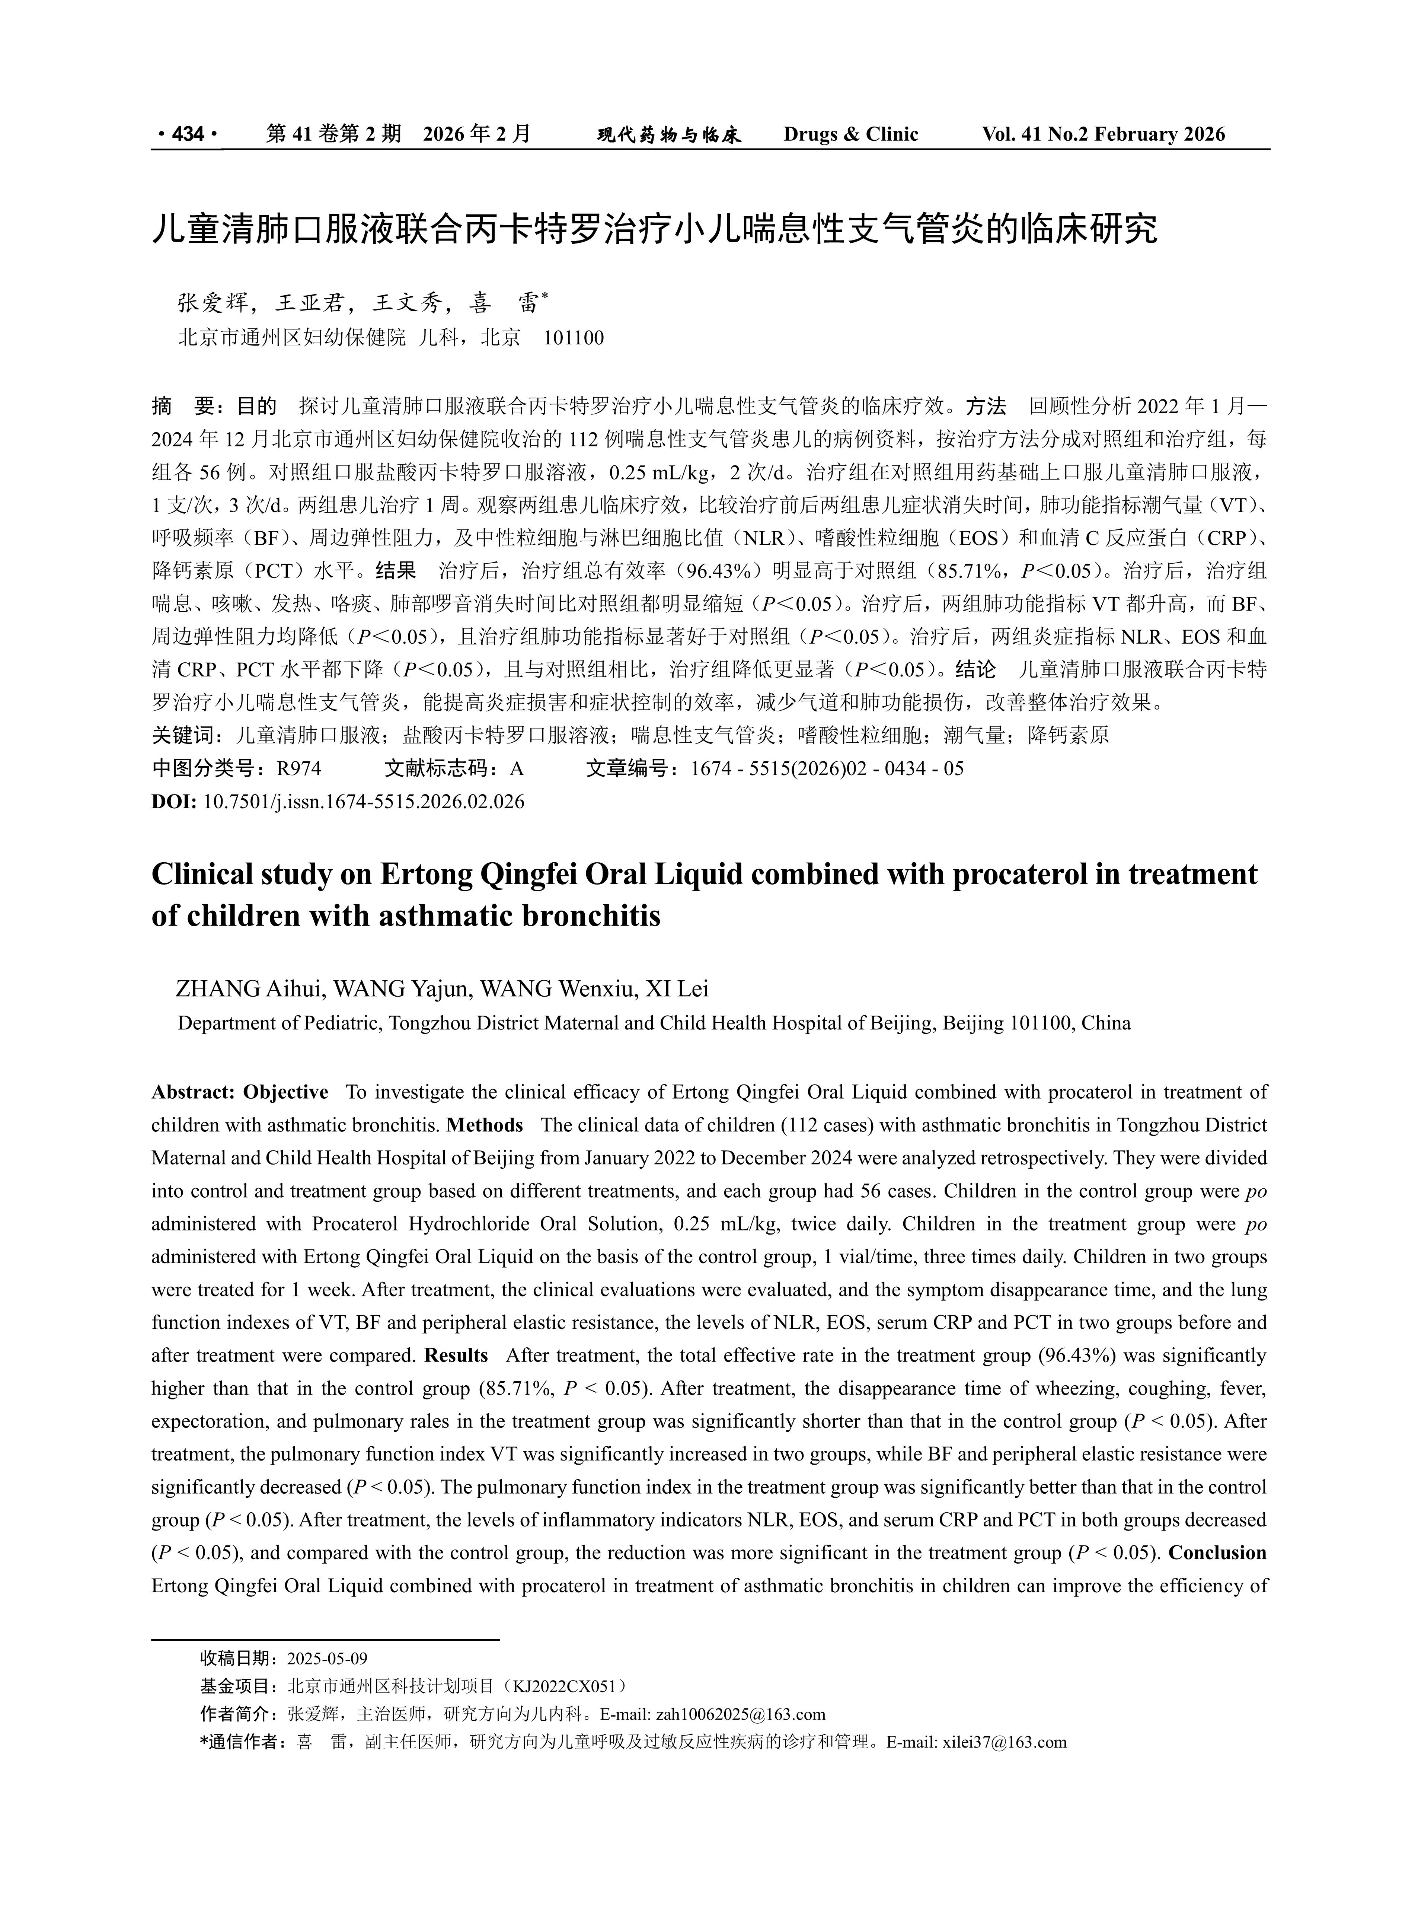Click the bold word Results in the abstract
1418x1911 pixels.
pos(456,1356)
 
